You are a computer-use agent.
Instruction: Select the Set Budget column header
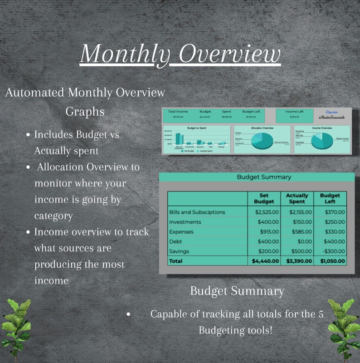(x=264, y=198)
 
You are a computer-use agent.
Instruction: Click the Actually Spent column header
(x=297, y=198)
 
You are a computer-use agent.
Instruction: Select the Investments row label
(x=185, y=222)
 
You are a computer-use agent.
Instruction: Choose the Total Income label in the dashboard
(x=178, y=111)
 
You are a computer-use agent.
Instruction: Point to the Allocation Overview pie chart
(x=259, y=140)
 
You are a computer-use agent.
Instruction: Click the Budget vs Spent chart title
(x=196, y=128)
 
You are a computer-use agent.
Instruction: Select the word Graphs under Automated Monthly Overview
(x=85, y=111)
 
